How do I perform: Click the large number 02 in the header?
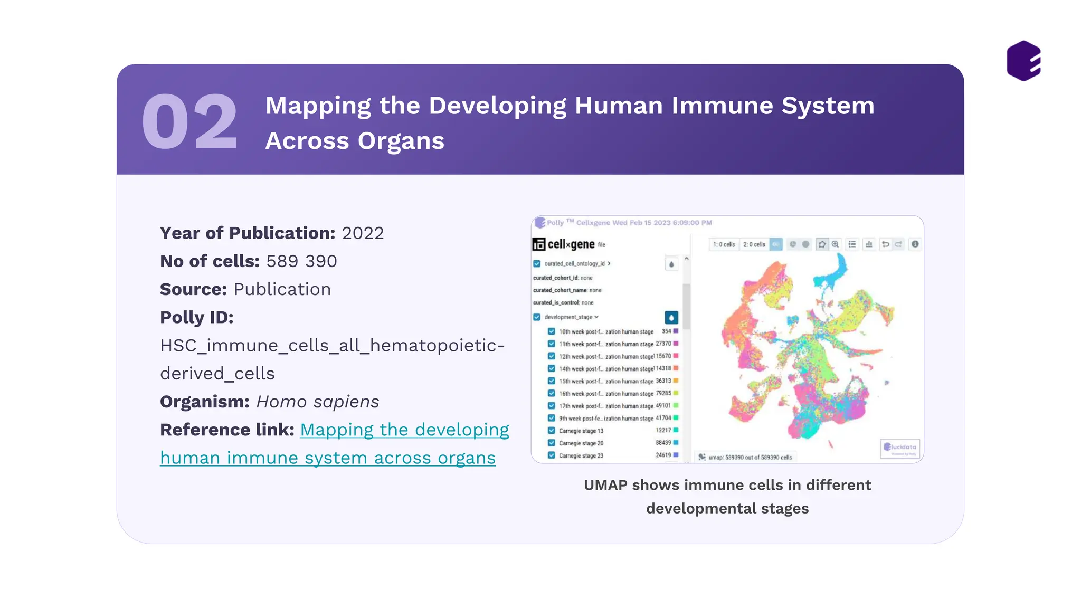(x=189, y=122)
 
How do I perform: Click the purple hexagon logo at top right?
(x=1023, y=61)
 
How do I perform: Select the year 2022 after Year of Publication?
(x=363, y=233)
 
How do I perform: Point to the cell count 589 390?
(x=301, y=261)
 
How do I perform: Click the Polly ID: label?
(x=196, y=318)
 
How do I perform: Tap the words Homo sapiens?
(x=317, y=402)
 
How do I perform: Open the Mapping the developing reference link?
(x=404, y=430)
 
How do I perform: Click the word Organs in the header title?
(x=401, y=141)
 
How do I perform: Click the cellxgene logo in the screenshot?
(x=564, y=244)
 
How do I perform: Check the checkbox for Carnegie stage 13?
(x=551, y=431)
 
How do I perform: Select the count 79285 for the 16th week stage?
(x=663, y=393)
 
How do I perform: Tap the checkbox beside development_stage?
(x=537, y=317)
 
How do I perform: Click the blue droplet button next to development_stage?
(x=671, y=318)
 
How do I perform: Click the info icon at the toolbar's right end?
(x=915, y=244)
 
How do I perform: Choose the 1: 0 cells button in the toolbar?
(x=724, y=244)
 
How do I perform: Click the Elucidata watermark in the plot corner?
(x=900, y=448)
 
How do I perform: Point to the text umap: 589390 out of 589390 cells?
(x=750, y=458)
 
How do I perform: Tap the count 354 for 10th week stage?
(x=666, y=331)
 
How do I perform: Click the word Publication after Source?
(x=282, y=290)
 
